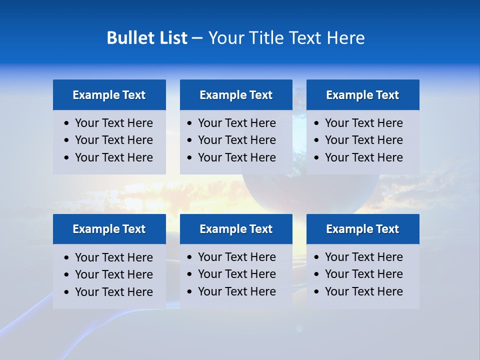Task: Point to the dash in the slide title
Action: pos(197,38)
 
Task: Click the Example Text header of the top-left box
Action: pos(109,95)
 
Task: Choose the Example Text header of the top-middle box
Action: pos(236,95)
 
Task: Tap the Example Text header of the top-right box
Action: pos(362,95)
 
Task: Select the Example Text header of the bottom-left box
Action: pos(109,229)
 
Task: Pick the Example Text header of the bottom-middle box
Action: pos(236,229)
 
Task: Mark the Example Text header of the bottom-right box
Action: pos(362,229)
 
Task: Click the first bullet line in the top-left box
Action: pos(113,123)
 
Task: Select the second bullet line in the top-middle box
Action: pos(236,140)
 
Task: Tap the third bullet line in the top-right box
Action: pos(363,157)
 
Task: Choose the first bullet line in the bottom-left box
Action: pos(113,257)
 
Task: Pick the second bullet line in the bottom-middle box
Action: pos(236,274)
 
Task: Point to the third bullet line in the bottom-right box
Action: pos(363,291)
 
